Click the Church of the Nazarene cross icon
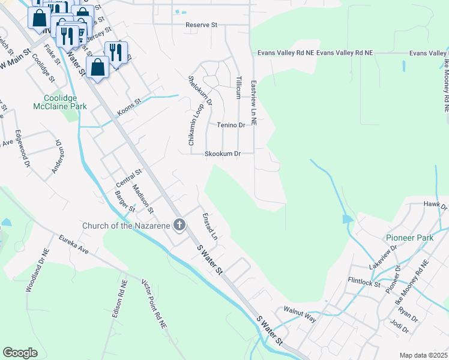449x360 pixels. [x=178, y=226]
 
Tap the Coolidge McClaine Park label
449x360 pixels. [x=65, y=102]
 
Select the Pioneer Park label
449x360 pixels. [x=409, y=238]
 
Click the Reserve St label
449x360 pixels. [x=203, y=25]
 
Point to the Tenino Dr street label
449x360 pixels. [x=232, y=125]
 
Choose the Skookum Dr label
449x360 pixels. [x=223, y=154]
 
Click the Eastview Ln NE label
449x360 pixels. [x=254, y=103]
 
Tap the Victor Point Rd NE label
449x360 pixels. [x=154, y=303]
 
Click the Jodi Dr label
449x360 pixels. [x=399, y=330]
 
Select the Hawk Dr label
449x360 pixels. [x=435, y=206]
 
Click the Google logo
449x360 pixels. [x=20, y=352]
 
